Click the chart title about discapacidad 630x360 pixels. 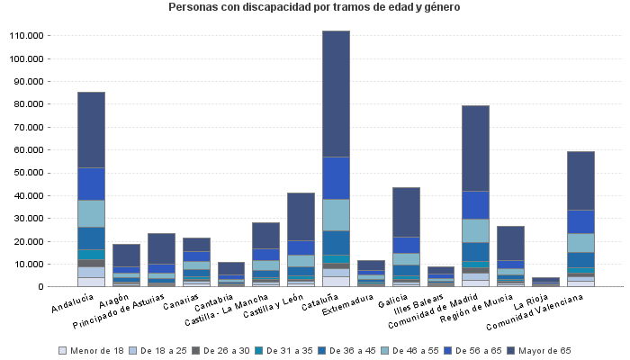[x=314, y=7]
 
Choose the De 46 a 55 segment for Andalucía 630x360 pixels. [x=91, y=213]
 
